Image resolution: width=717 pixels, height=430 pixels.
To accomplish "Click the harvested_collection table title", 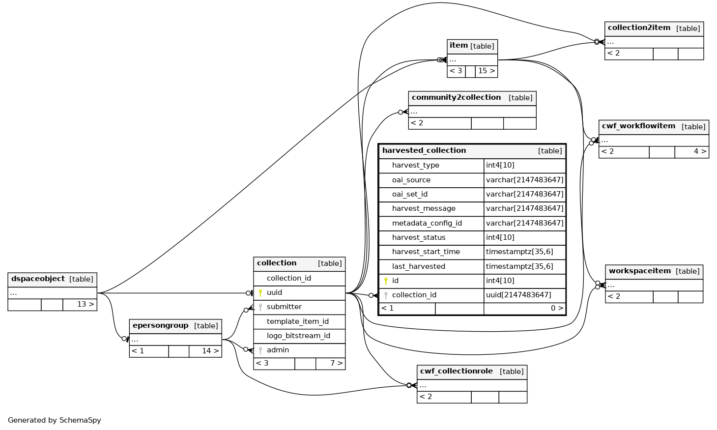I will [424, 150].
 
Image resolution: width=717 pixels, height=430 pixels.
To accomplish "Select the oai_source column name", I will [411, 180].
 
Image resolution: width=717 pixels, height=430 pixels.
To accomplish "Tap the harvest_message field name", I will [424, 208].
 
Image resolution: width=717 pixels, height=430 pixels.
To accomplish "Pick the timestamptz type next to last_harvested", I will [519, 266].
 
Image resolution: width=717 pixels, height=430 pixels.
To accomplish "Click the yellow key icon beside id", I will [386, 281].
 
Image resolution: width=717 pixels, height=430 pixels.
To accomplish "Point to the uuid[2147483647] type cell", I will [518, 295].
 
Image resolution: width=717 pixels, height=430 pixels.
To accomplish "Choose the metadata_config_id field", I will [427, 223].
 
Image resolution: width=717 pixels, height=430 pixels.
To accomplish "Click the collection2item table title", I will [639, 28].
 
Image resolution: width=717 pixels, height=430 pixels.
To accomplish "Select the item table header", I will [459, 46].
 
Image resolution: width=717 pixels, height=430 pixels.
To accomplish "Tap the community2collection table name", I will [456, 98].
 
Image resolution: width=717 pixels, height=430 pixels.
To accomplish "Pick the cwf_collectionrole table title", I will [456, 372].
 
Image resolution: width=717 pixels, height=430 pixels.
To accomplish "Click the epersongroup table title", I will [161, 326].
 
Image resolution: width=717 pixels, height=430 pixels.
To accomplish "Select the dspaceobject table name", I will [38, 279].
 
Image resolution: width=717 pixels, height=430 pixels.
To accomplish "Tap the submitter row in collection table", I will [284, 307].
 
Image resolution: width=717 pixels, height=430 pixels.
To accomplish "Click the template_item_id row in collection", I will [297, 321].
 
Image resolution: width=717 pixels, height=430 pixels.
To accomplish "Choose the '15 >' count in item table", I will [486, 71].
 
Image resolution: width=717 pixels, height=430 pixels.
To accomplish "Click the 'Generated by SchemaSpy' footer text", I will [55, 420].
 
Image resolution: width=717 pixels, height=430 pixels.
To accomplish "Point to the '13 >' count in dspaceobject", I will [85, 304].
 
